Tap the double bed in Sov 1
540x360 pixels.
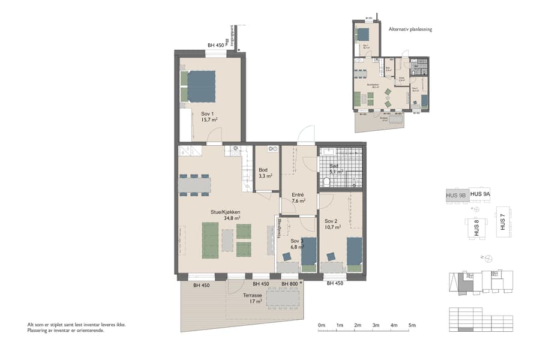201,88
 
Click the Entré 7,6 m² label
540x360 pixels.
298,198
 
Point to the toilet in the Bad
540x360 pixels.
327,181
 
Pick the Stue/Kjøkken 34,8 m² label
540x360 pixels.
225,215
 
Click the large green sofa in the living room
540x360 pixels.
210,240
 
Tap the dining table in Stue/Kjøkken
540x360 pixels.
194,185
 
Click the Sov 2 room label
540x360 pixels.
332,224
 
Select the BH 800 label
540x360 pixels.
290,284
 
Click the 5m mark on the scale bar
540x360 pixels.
412,326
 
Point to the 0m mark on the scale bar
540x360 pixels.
321,326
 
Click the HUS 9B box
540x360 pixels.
456,195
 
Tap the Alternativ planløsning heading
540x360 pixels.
410,29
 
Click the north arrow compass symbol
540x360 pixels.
488,258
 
